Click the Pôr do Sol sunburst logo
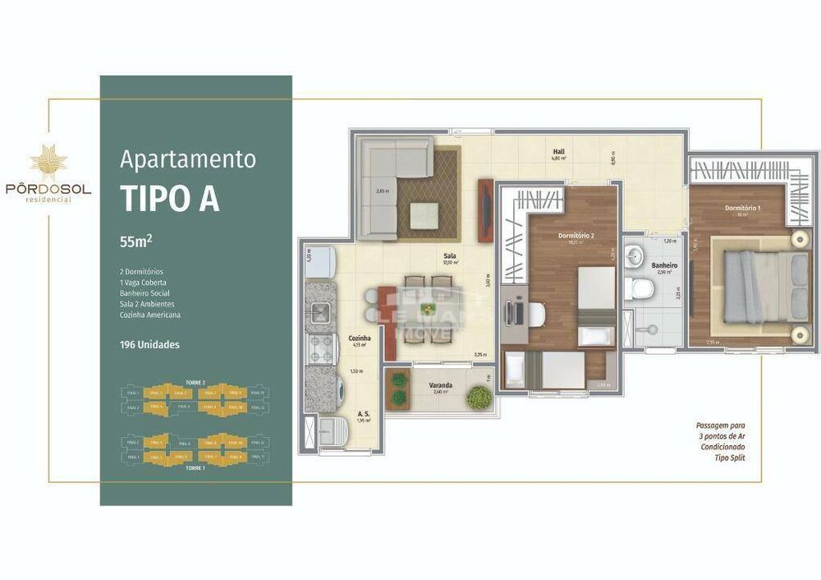48,163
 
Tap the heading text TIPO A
170,198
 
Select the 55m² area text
136,242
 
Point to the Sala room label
450,256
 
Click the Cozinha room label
360,338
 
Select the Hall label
557,152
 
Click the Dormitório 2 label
576,236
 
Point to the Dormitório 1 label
742,208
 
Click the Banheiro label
663,265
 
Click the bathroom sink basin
635,257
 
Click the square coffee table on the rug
424,216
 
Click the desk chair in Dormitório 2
534,313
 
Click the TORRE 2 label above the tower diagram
195,383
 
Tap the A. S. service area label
362,415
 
